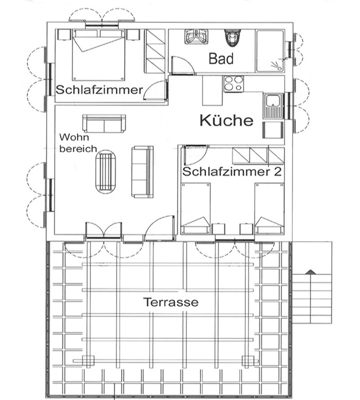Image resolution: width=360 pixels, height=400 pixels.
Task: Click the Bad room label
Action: coord(221,58)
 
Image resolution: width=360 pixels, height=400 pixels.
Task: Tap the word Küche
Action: coord(226,120)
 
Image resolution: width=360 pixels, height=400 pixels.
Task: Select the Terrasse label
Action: coord(171,302)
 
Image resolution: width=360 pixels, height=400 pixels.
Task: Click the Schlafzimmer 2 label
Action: coord(232,171)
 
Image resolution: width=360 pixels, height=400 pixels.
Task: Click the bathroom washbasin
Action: coord(196,36)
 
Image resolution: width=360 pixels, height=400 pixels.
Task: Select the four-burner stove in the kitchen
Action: coord(234,84)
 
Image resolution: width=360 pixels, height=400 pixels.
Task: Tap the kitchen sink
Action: coord(273,106)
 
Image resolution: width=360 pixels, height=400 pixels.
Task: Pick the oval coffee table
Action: coord(105,172)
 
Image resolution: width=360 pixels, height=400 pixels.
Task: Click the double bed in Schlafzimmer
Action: coord(99,55)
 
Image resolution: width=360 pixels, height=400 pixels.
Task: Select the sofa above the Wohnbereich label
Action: coord(104,123)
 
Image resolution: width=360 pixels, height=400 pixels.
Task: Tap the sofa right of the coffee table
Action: coord(142,172)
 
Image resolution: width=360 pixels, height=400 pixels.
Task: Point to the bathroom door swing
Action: coord(183,66)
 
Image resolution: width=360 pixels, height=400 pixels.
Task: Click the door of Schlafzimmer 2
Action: coord(196,155)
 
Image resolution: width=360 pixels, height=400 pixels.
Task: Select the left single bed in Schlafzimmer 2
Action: coord(196,208)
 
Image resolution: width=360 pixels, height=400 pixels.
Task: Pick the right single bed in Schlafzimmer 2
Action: coord(270,208)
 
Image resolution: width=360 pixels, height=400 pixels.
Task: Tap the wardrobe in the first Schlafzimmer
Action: coord(155,51)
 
